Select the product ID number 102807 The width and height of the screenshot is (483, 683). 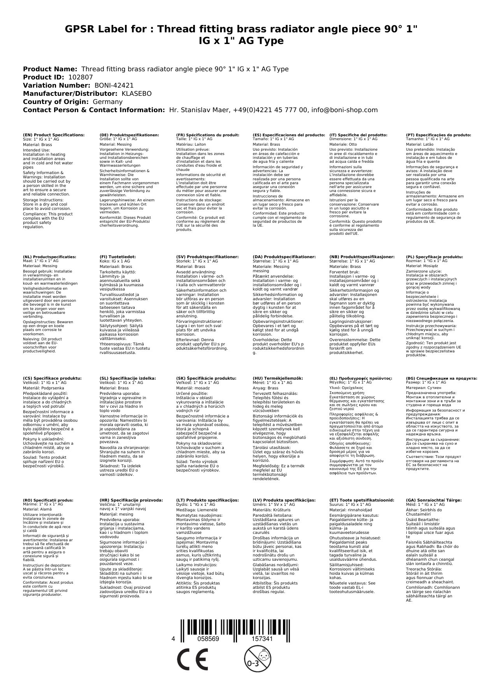tap(81, 77)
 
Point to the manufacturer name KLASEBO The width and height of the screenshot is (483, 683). tap(137, 93)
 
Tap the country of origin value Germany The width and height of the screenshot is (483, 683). tap(107, 102)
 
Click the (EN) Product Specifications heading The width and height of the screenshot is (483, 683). tap(54, 135)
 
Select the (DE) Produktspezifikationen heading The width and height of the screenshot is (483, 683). tap(129, 135)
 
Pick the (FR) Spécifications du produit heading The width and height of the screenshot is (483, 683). tap(208, 135)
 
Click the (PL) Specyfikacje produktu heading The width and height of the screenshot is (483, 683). tap(434, 257)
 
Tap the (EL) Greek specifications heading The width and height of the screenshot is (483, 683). tap(361, 378)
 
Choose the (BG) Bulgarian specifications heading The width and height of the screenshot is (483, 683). tap(441, 378)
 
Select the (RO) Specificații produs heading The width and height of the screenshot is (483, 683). tap(48, 500)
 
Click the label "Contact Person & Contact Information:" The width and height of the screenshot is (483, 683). tap(94, 110)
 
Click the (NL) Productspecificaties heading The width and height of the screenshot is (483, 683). tap(49, 257)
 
